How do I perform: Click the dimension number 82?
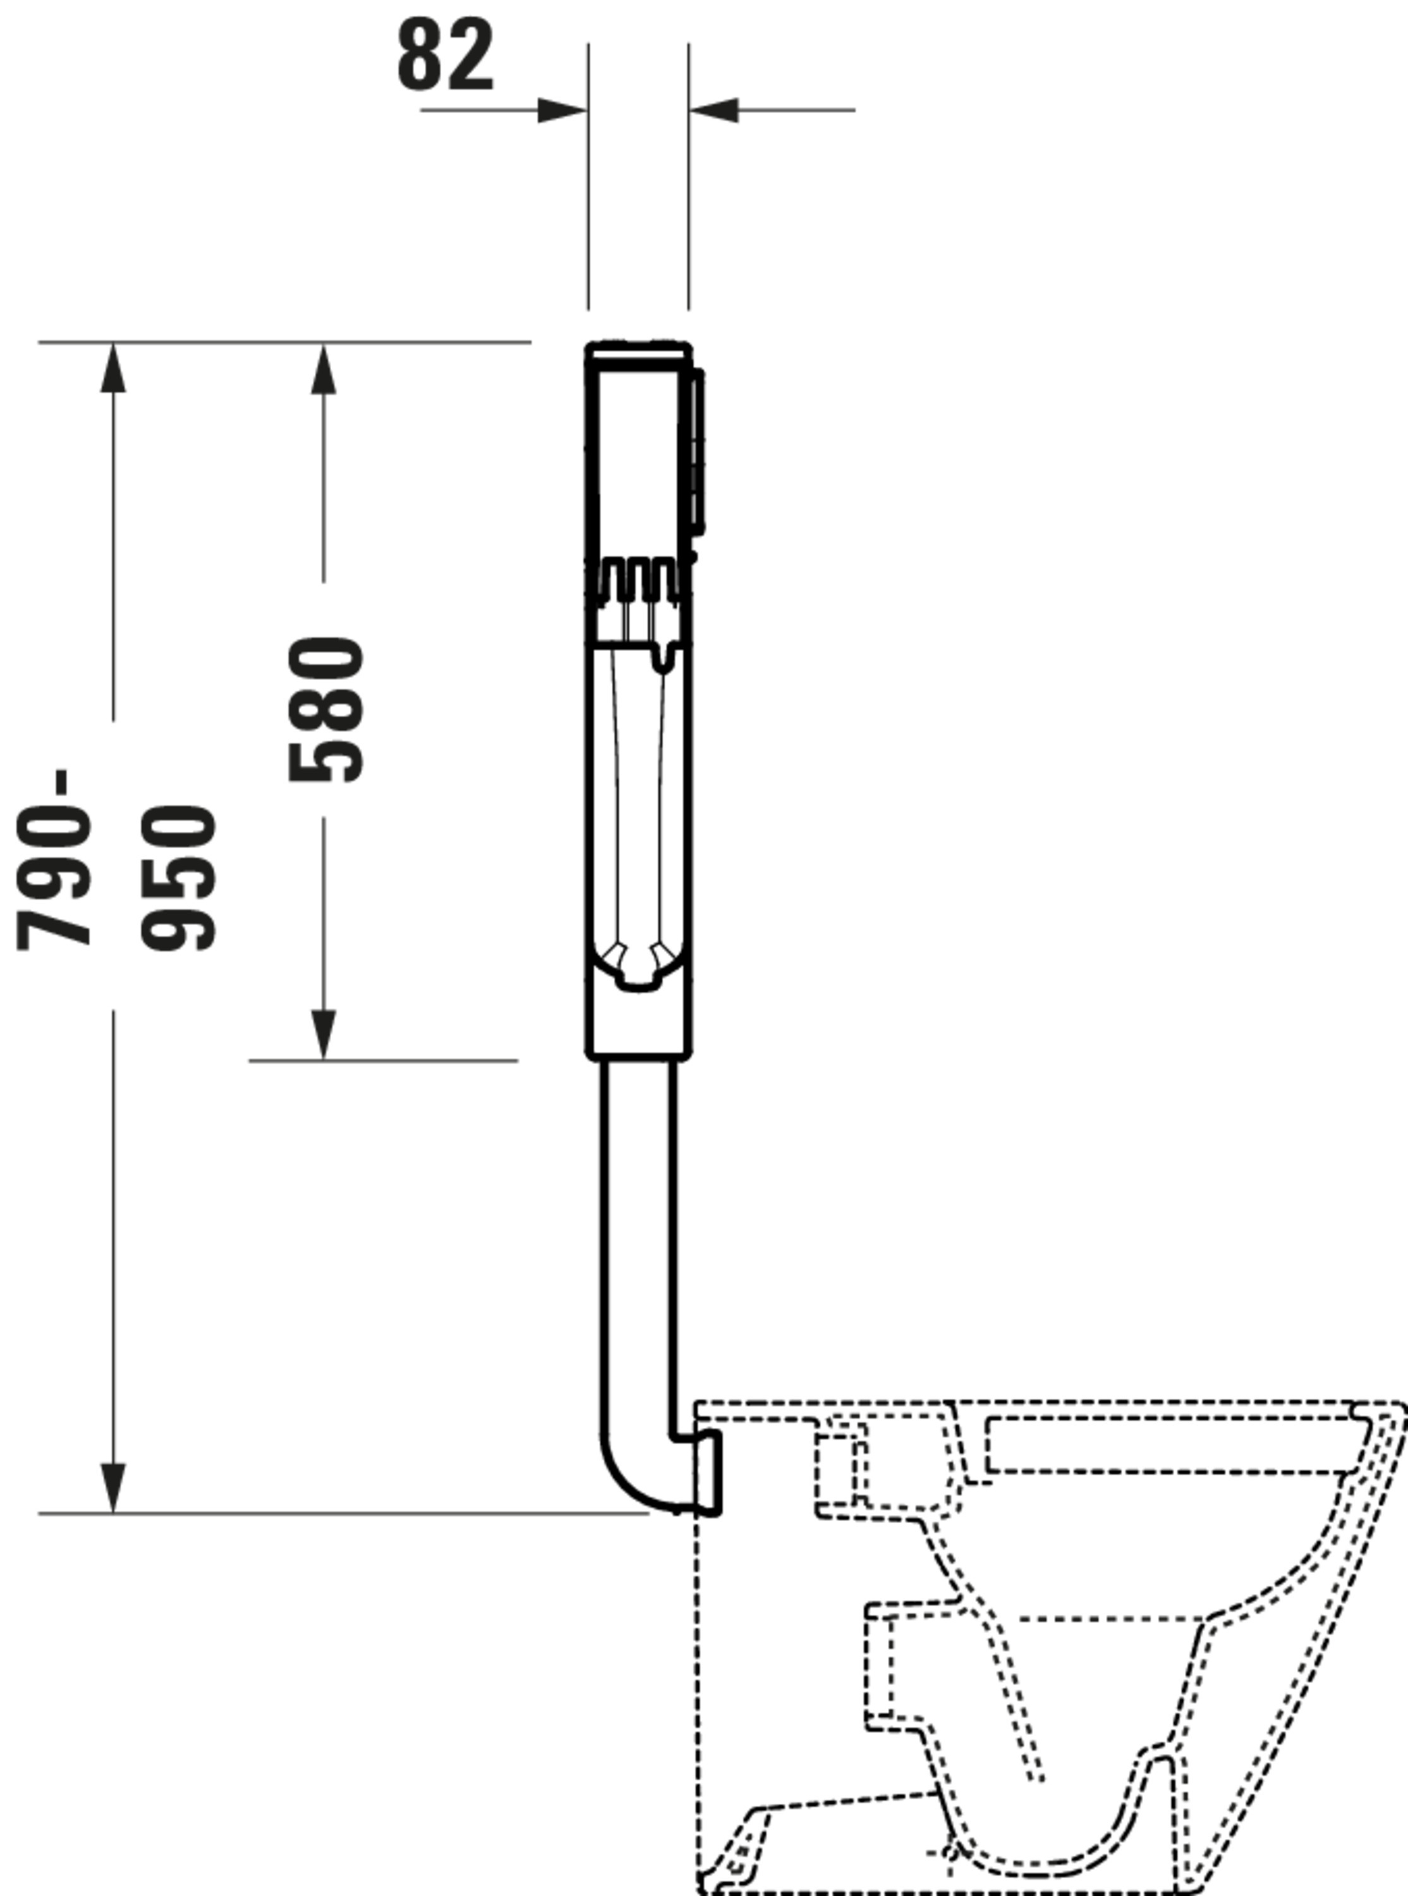(x=446, y=56)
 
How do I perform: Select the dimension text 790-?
(x=53, y=859)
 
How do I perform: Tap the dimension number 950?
(x=178, y=878)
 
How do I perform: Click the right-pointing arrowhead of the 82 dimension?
(x=562, y=110)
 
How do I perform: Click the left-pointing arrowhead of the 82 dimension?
(x=713, y=110)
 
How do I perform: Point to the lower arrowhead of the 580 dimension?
(x=323, y=1035)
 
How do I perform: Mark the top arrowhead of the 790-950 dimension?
(x=113, y=368)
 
